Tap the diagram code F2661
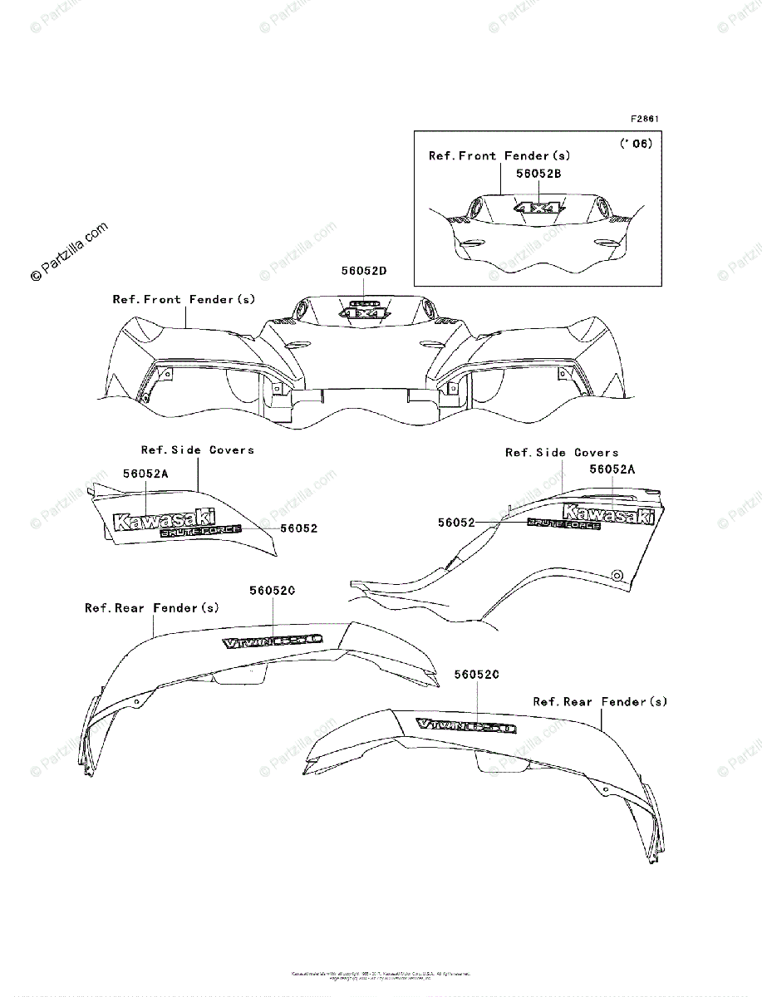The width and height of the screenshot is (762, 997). click(x=645, y=119)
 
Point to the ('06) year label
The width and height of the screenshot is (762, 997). click(x=637, y=143)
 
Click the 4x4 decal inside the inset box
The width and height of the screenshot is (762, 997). click(x=537, y=208)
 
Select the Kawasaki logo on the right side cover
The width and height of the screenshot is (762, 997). click(x=610, y=513)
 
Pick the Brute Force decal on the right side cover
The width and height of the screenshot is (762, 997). click(x=564, y=523)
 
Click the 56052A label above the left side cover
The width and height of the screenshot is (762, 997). click(x=146, y=474)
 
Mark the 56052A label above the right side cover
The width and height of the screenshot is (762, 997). click(x=613, y=469)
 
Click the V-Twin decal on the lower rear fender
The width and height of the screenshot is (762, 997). click(x=466, y=726)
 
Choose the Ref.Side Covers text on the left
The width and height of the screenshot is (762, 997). click(x=198, y=449)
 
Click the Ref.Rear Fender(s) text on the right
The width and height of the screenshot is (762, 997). click(x=600, y=702)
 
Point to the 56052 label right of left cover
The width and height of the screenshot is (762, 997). click(x=298, y=528)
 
